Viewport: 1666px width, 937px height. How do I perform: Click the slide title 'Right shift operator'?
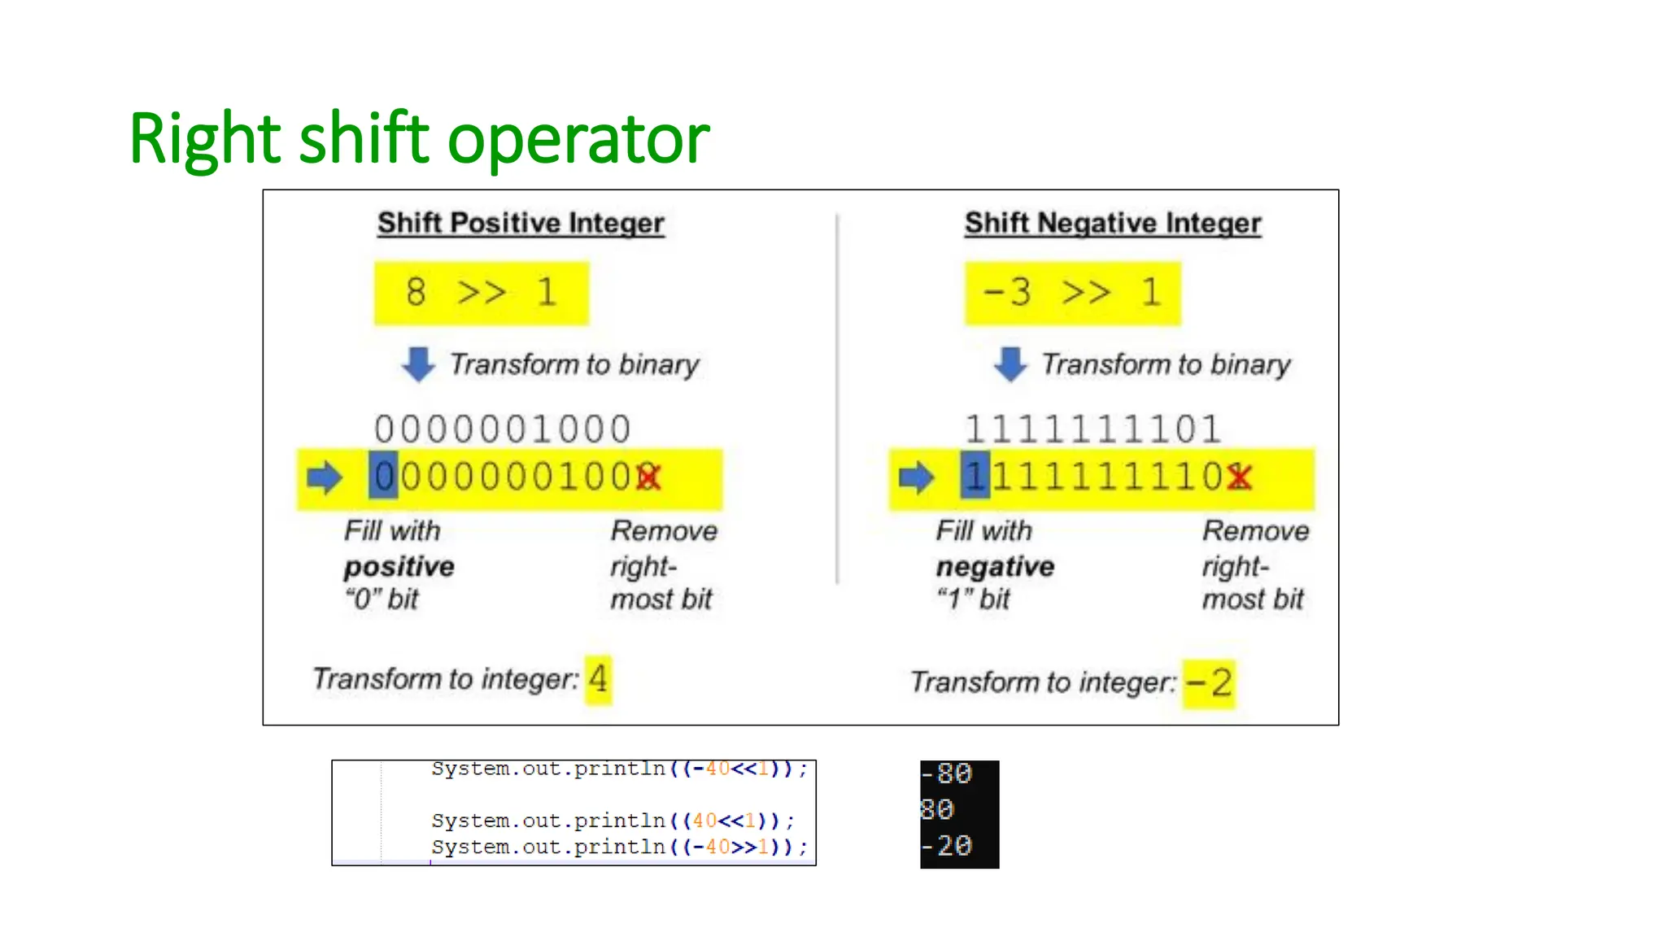click(x=419, y=138)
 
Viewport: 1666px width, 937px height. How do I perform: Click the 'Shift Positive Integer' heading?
click(x=521, y=223)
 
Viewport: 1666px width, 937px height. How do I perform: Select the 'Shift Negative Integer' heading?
click(x=1113, y=223)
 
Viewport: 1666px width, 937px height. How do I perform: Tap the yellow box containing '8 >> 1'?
click(x=481, y=293)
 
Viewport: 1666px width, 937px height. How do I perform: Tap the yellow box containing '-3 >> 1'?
click(x=1072, y=293)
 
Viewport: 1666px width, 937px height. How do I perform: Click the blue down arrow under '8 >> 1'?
click(x=418, y=364)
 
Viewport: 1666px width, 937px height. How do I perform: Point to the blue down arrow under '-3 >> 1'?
click(x=1010, y=364)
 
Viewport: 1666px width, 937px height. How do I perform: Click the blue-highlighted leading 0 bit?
click(x=384, y=476)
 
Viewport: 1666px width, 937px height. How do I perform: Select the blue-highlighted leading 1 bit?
click(x=975, y=476)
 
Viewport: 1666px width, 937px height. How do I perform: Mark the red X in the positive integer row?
click(x=649, y=477)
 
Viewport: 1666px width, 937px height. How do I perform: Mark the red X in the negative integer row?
click(x=1240, y=477)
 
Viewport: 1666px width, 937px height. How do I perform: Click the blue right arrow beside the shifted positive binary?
click(x=325, y=477)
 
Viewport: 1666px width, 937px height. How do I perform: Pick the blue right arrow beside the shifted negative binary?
click(x=916, y=477)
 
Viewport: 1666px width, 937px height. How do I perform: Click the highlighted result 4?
click(x=598, y=678)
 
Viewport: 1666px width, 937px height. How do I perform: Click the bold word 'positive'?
click(x=399, y=566)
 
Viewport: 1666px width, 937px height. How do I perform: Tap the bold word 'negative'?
click(x=995, y=566)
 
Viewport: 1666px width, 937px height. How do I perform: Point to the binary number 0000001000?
click(x=503, y=429)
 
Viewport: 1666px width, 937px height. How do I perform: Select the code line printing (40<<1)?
click(x=613, y=821)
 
